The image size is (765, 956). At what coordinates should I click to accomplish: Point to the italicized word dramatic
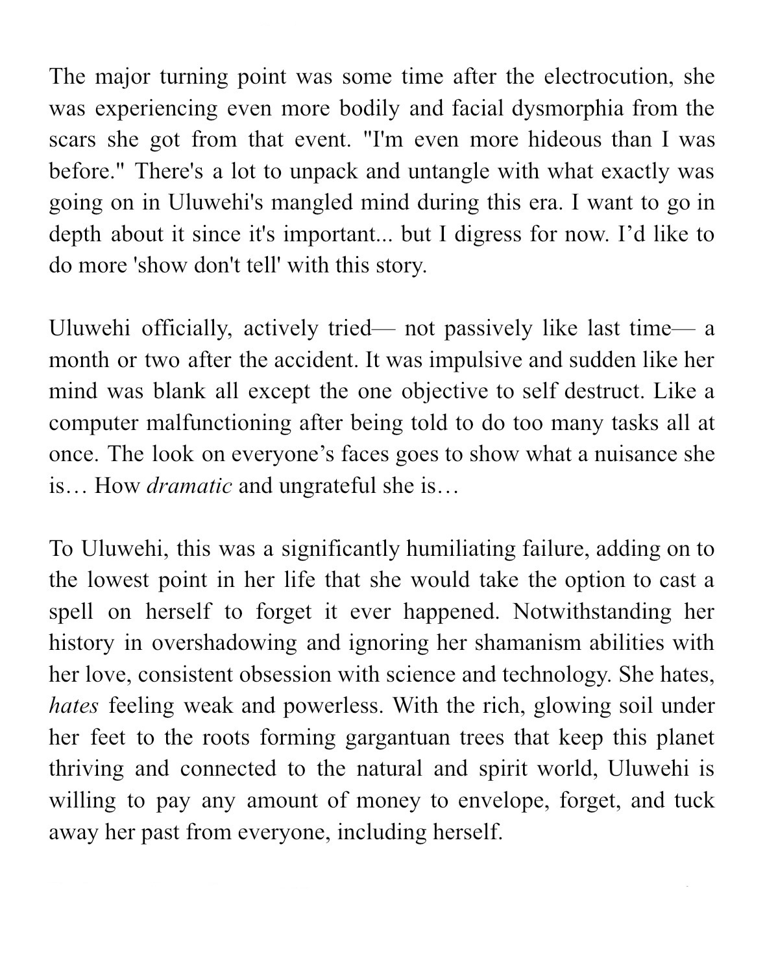(x=189, y=486)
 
